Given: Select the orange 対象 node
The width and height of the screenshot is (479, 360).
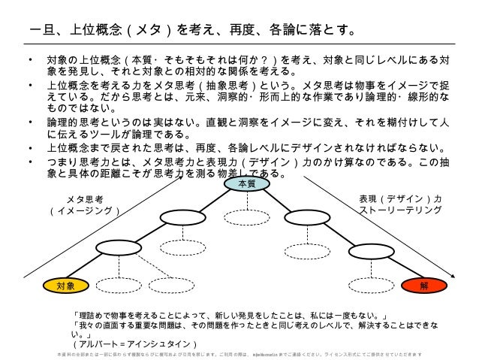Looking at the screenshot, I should pos(65,285).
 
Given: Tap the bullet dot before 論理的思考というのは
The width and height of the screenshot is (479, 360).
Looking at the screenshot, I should pos(28,124).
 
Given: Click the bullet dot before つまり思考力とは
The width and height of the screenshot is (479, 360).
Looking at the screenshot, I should pos(28,162).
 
